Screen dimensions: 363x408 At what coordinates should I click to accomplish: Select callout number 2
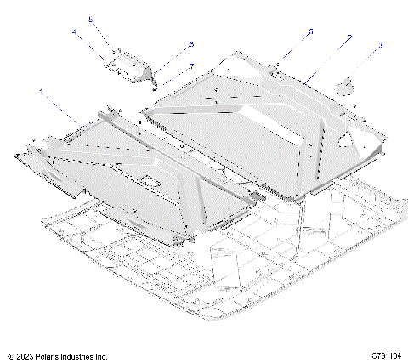point(349,38)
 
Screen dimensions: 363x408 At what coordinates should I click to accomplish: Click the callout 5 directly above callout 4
point(92,18)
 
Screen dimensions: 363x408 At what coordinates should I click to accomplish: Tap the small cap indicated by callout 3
point(347,85)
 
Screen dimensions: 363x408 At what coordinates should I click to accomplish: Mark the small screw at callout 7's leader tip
point(153,83)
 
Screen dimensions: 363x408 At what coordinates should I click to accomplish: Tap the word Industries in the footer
point(85,354)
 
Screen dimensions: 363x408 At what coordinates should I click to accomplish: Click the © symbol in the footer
point(11,354)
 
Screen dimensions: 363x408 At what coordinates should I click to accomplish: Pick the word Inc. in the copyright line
point(112,354)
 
